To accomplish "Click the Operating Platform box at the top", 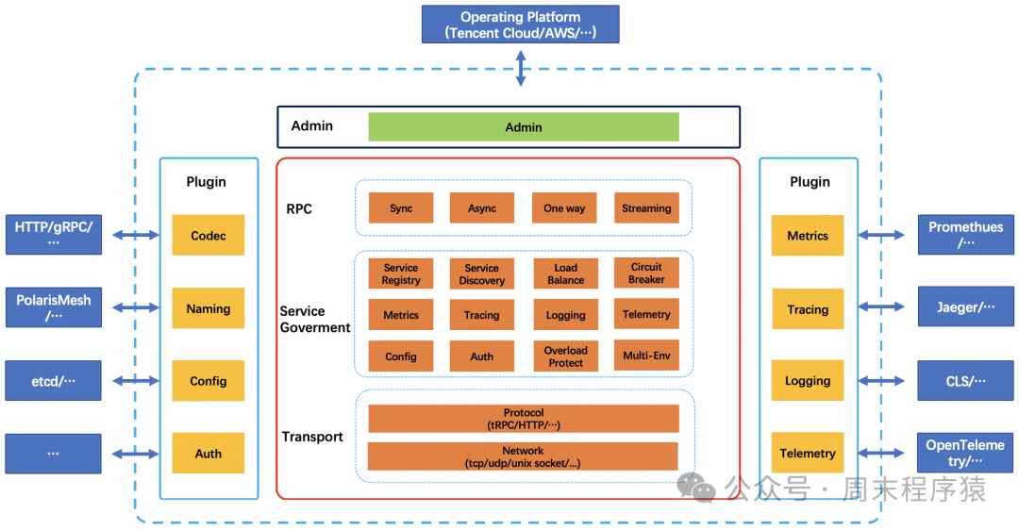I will (x=520, y=25).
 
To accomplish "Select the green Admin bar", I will (x=523, y=127).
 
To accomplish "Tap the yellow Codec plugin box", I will (x=208, y=236).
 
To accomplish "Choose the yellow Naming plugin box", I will (x=208, y=308).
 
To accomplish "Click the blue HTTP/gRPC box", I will (x=53, y=234).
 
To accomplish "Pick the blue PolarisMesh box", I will (x=53, y=307).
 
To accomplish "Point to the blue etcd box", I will (x=53, y=381).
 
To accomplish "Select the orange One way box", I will (x=564, y=208).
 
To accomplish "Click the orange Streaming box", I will (x=646, y=208).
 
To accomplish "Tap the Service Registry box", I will (x=401, y=274).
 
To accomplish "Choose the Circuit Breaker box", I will (x=646, y=273).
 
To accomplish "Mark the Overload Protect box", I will (x=565, y=356).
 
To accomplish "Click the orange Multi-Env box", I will (x=646, y=356).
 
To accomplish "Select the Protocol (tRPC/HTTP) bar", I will (x=523, y=419).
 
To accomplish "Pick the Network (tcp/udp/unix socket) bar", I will (x=523, y=456).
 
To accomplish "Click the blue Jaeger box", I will (x=966, y=307).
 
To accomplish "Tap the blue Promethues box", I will (x=966, y=234).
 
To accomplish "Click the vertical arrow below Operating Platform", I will (x=520, y=69).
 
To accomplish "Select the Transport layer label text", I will (x=312, y=437).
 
